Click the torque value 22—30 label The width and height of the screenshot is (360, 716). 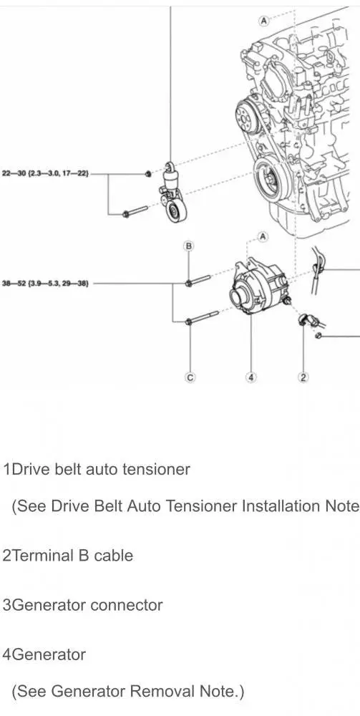click(46, 173)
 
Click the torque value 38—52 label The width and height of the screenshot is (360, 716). click(45, 283)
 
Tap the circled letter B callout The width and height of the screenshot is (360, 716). click(188, 246)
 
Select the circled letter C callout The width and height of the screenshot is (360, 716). click(190, 377)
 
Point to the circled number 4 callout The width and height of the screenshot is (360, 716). click(251, 377)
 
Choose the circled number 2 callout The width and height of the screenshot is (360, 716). click(303, 377)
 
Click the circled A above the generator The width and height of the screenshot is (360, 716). click(263, 236)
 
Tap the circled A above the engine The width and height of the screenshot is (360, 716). click(263, 20)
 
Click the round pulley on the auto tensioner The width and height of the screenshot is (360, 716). click(175, 213)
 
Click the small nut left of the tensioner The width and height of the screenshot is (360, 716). click(148, 174)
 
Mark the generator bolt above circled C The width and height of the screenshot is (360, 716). click(202, 318)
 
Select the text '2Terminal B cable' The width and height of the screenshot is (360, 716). click(68, 556)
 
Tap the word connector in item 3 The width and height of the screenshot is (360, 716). click(127, 605)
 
